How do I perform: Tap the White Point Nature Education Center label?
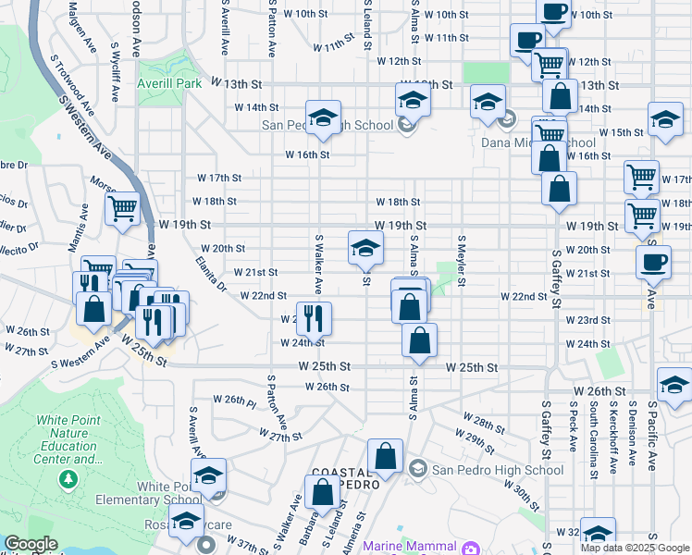click(68, 439)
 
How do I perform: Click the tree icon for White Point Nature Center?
click(68, 479)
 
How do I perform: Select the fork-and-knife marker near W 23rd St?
click(314, 318)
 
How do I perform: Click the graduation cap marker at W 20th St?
click(365, 247)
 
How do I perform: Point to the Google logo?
click(30, 545)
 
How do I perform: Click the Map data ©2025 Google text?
click(635, 548)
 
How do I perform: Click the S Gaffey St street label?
click(557, 277)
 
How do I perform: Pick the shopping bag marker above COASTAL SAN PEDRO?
click(385, 456)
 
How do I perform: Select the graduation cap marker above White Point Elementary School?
click(209, 475)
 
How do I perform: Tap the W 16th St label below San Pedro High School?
click(306, 154)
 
